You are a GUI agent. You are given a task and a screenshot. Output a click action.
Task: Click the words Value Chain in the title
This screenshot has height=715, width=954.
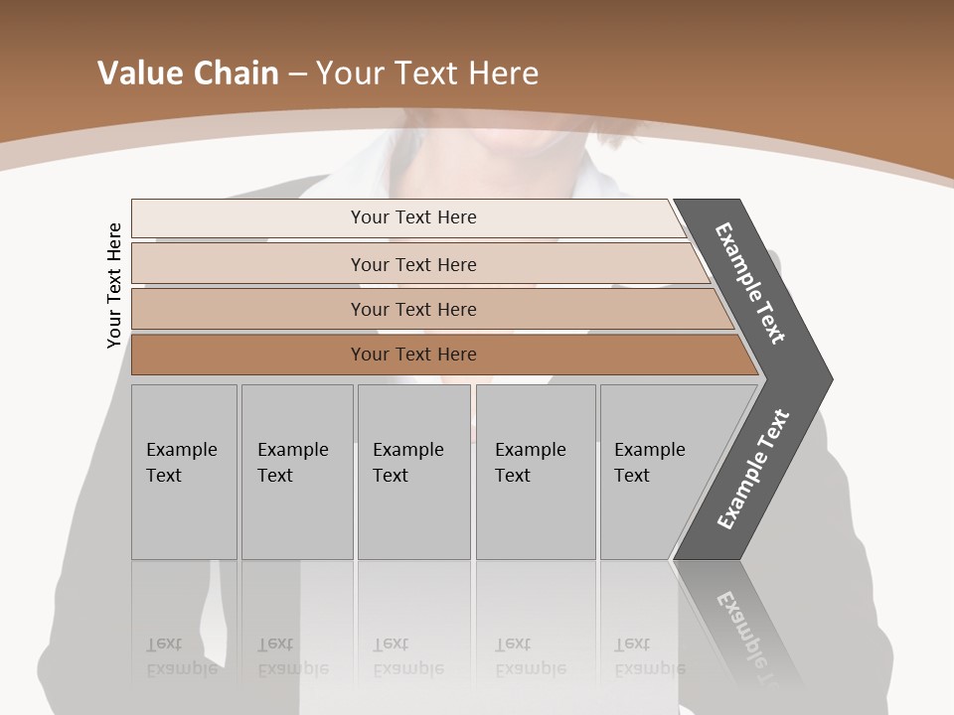(x=188, y=73)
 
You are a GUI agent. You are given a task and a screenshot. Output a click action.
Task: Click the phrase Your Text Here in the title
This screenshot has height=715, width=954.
(x=427, y=73)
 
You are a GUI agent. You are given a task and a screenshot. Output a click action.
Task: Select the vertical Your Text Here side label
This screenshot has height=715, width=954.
(x=114, y=285)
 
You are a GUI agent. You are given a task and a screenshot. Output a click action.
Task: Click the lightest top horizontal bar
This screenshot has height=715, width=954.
(x=412, y=217)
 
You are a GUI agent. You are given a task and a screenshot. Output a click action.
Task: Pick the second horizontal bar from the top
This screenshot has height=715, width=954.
(x=412, y=264)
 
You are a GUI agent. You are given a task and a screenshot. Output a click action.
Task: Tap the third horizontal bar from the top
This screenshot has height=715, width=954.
(x=412, y=309)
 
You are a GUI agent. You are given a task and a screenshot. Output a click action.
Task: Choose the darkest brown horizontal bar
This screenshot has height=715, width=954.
(x=412, y=355)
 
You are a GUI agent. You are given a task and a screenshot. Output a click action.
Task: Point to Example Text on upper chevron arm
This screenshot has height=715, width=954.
(x=750, y=283)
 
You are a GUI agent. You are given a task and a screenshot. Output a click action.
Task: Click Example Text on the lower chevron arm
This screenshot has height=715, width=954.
(x=753, y=470)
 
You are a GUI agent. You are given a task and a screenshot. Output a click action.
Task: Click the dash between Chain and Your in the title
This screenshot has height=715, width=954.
(x=297, y=73)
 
